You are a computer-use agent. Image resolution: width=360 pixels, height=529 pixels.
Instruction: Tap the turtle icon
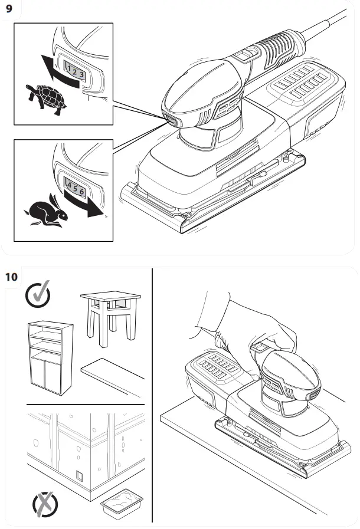pyautogui.click(x=46, y=97)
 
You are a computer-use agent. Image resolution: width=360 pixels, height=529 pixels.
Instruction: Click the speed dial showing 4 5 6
pyautogui.click(x=76, y=188)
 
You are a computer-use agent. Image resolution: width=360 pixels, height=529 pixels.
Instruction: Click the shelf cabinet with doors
pyautogui.click(x=50, y=357)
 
